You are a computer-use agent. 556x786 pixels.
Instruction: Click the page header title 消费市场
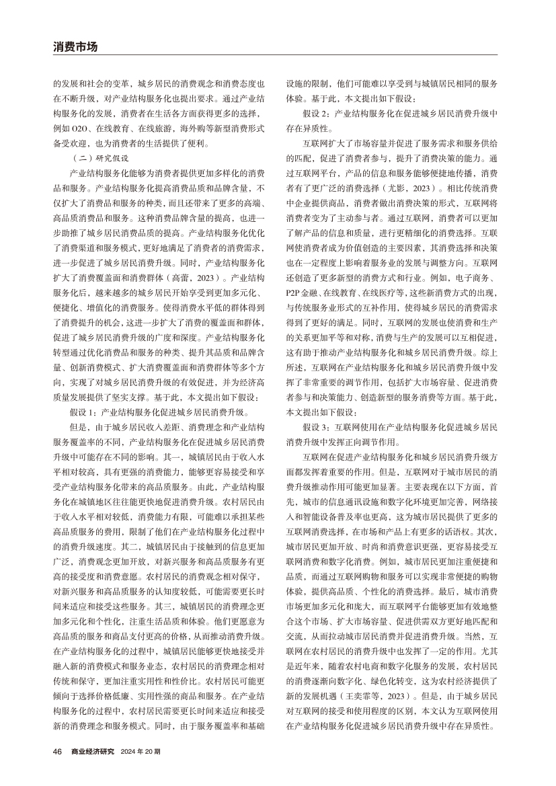pyautogui.click(x=75, y=46)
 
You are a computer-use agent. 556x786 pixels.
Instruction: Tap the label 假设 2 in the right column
pyautogui.click(x=317, y=113)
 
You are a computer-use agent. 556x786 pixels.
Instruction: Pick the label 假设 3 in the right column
pyautogui.click(x=317, y=427)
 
